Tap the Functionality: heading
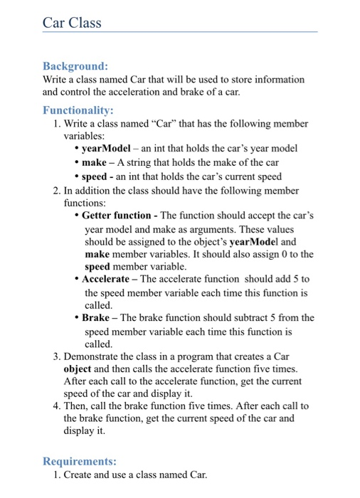click(78, 110)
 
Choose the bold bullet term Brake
click(96, 317)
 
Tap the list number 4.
click(56, 406)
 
